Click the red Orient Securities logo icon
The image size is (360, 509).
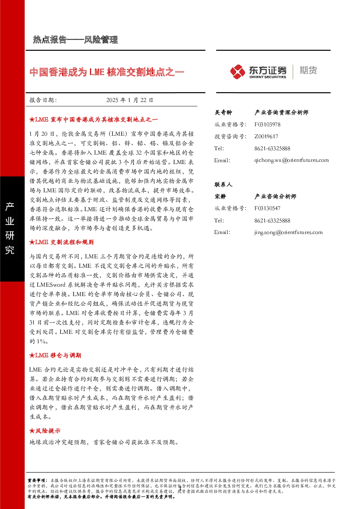[238, 71]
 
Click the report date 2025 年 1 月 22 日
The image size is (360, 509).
[130, 100]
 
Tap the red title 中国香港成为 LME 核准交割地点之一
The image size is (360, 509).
[107, 72]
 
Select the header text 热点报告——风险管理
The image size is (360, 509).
[75, 40]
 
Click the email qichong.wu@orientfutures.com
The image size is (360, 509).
[291, 160]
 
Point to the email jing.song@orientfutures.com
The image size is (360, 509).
[288, 232]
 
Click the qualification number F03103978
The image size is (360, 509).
[267, 124]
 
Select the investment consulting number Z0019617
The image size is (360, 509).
[266, 136]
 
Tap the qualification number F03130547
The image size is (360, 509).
[267, 208]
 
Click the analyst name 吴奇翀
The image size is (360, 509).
[223, 112]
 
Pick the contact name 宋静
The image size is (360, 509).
[220, 196]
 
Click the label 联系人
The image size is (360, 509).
[223, 184]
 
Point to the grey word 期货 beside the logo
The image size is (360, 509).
[308, 70]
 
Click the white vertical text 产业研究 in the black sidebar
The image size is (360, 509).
[9, 228]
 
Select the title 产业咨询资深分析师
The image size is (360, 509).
[281, 112]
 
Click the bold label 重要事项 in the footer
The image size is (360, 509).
[37, 480]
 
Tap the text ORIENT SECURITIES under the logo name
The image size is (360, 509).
[268, 77]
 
